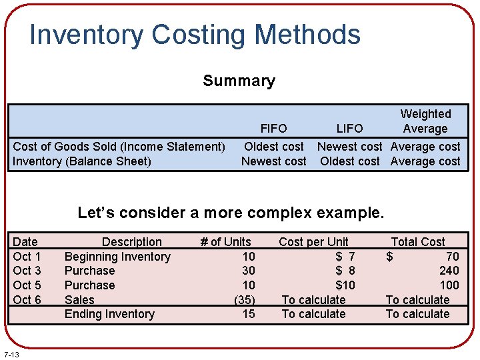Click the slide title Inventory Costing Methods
pos(195,35)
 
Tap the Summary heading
pos(239,81)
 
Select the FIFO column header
pos(273,129)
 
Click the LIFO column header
pos(349,129)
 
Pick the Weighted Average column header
pos(425,121)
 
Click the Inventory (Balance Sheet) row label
pos(82,161)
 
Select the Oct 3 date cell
pos(27,271)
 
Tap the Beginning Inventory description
pos(117,257)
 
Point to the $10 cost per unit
pos(345,285)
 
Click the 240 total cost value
pos(449,271)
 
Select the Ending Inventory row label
pos(109,314)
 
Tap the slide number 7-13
pos(11,353)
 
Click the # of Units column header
pos(226,242)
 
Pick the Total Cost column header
pos(418,242)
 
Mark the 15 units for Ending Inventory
pos(248,314)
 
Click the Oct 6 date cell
pos(27,300)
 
